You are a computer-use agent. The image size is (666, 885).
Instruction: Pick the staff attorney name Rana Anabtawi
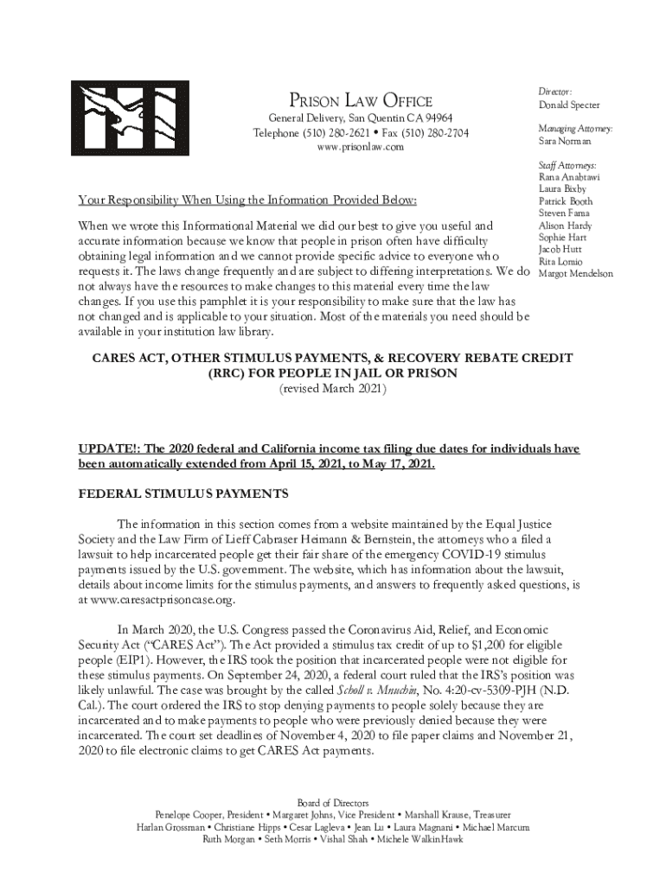[568, 177]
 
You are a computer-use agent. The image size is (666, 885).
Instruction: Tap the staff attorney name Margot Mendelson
[575, 274]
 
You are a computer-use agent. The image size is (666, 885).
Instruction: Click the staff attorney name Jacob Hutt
[560, 250]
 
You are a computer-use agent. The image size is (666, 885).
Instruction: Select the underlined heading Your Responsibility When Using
[247, 201]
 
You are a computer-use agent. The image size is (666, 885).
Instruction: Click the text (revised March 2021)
[332, 390]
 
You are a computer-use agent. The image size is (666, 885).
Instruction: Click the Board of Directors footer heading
[333, 803]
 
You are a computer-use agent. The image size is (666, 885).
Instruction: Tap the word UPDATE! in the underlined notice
[106, 449]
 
